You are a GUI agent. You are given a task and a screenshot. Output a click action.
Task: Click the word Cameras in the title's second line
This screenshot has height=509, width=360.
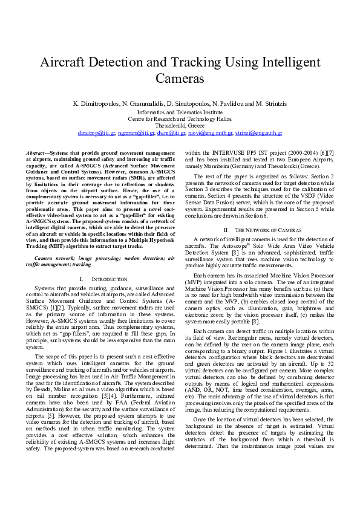coord(180,79)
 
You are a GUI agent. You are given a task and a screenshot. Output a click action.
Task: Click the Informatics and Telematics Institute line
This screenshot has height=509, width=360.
coord(180,112)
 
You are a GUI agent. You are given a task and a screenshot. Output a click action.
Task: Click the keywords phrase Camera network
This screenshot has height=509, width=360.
coord(53,258)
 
